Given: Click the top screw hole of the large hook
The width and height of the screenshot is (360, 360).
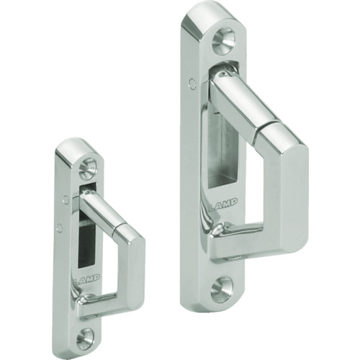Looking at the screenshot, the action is click(222, 39).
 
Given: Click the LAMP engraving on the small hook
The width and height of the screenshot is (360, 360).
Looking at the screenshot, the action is click(86, 279).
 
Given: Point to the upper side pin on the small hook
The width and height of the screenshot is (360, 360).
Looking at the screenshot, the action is click(66, 199).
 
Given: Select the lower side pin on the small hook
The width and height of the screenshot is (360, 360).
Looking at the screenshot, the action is click(60, 227).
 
